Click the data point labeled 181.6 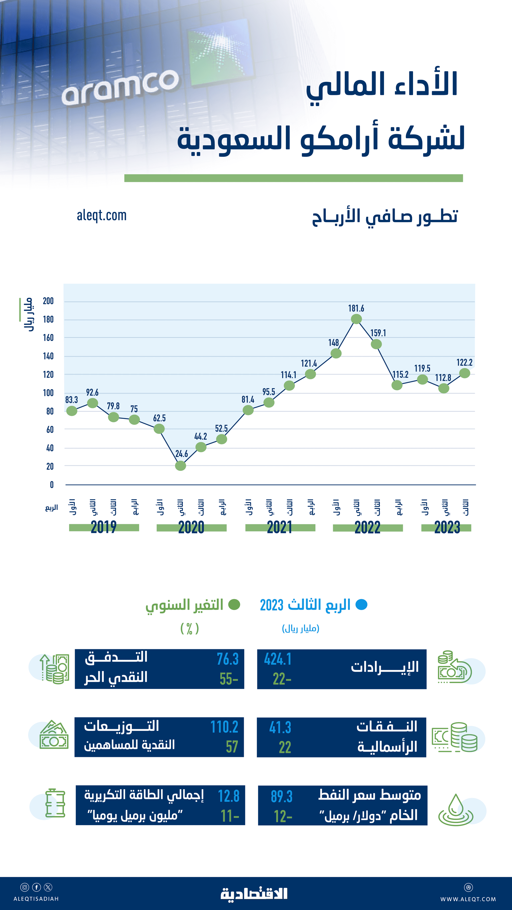click(356, 319)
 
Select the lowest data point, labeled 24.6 click(180, 466)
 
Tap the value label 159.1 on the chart click(378, 333)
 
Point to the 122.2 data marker click(464, 373)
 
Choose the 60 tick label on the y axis click(50, 430)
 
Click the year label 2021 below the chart click(279, 527)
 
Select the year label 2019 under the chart click(103, 527)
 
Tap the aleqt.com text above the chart click(102, 215)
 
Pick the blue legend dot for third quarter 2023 click(361, 604)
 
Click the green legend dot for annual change click(234, 604)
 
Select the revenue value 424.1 click(278, 659)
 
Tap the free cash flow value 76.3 click(227, 659)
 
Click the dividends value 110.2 click(224, 727)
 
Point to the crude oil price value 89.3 click(282, 796)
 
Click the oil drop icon click(456, 810)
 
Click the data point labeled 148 click(336, 353)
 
